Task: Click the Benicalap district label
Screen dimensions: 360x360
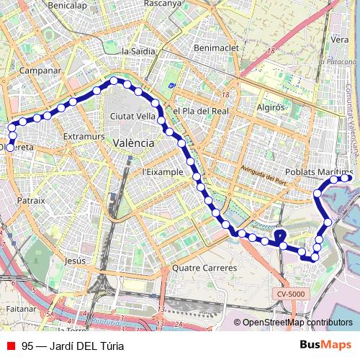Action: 67,5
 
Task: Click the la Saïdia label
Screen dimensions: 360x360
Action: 138,51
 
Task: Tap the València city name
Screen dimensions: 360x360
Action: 133,143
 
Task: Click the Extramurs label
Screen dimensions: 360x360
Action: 84,136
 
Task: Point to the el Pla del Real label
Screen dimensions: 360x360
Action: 200,111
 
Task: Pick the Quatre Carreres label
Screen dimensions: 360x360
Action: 204,268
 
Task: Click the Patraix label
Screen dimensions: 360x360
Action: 32,200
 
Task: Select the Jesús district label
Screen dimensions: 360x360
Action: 75,261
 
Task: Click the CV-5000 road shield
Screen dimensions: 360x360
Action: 290,294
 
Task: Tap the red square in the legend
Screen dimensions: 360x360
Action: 10,346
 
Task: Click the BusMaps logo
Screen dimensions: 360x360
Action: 325,345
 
